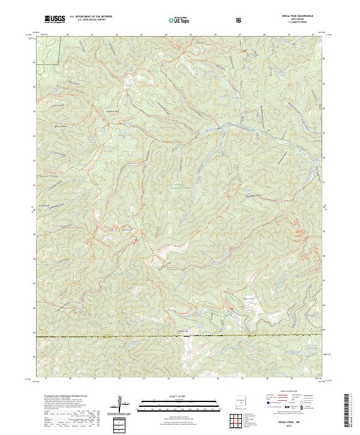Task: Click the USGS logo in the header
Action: (x=55, y=19)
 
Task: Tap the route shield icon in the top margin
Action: (x=239, y=20)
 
